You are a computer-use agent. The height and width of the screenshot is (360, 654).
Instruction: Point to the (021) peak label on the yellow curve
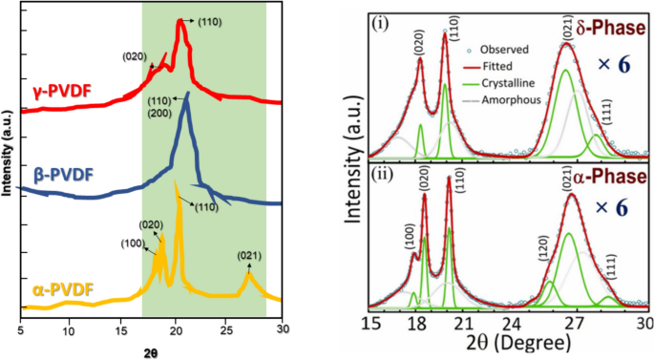[249, 256]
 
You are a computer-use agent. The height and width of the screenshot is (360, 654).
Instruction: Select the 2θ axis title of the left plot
[151, 352]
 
